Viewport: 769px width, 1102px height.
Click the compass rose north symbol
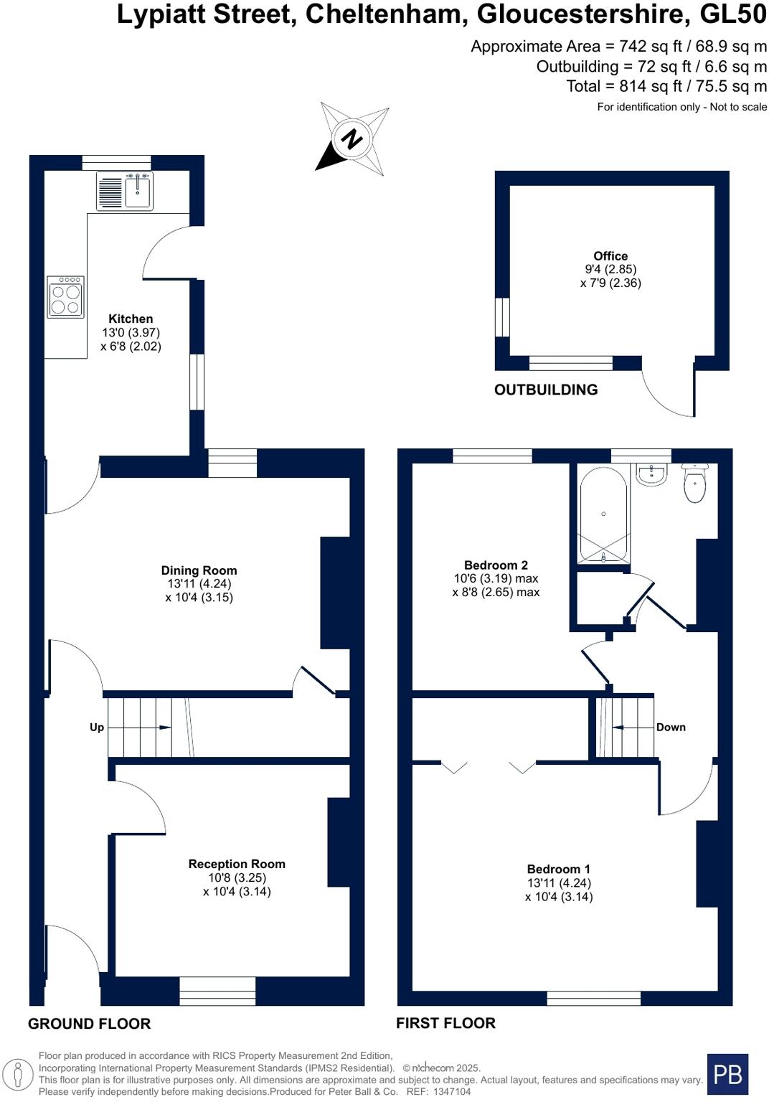tap(352, 139)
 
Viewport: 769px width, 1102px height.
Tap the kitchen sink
tap(138, 192)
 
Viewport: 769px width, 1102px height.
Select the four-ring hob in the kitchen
tap(65, 296)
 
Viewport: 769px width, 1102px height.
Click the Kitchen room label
tap(131, 319)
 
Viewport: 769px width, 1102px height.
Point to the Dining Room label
tap(199, 571)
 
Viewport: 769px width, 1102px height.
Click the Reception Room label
tap(237, 865)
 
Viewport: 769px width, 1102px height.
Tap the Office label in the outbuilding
tap(610, 256)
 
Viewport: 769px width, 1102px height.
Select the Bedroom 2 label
tap(496, 565)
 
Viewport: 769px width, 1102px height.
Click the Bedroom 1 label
tap(559, 870)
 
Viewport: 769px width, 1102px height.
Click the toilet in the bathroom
tap(694, 484)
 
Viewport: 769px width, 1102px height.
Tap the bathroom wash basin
tap(651, 474)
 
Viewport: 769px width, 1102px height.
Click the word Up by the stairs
tap(97, 727)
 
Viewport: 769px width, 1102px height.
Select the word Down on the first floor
tap(671, 727)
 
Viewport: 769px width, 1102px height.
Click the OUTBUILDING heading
tap(546, 390)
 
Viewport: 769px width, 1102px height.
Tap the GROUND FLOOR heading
tap(90, 1024)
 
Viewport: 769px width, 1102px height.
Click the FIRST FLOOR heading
tap(445, 1023)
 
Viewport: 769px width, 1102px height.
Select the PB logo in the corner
tap(727, 1074)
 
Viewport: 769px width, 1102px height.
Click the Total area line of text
tap(666, 87)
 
